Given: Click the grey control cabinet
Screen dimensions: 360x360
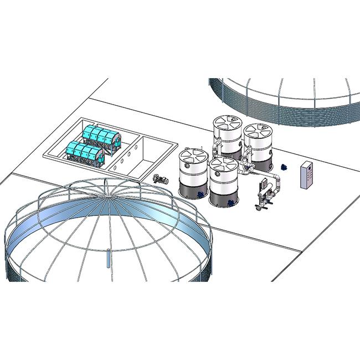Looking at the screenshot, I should click(x=306, y=176).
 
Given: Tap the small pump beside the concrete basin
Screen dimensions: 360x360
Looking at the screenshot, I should click(x=161, y=179).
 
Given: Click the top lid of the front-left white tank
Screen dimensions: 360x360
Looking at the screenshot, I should click(x=193, y=155).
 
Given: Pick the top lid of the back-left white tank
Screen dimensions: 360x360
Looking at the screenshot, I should click(x=227, y=122).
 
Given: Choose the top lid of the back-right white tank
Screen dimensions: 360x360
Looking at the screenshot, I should click(x=258, y=131).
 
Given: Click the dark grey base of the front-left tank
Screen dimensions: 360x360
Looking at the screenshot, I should click(x=193, y=191).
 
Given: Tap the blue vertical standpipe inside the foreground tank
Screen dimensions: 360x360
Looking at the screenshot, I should click(x=108, y=259).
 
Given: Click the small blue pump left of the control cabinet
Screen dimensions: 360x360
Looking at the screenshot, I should click(x=284, y=166).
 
